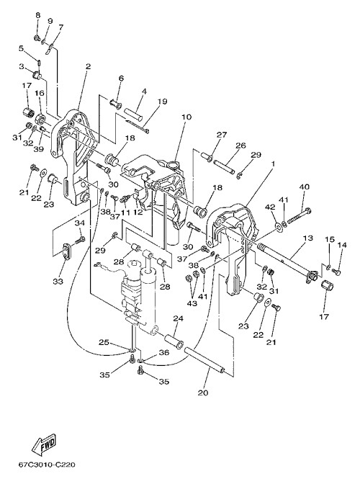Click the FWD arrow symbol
click(x=44, y=442)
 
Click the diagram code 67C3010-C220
click(x=47, y=465)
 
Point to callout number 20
click(x=203, y=393)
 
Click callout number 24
click(x=179, y=318)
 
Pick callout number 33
click(x=58, y=281)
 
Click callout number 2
click(x=89, y=66)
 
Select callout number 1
click(x=273, y=164)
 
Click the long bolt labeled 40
click(x=299, y=215)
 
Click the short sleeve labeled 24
click(x=174, y=341)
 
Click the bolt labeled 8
click(x=37, y=38)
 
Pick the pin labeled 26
click(x=225, y=166)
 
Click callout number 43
click(x=193, y=303)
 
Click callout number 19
click(x=163, y=101)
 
